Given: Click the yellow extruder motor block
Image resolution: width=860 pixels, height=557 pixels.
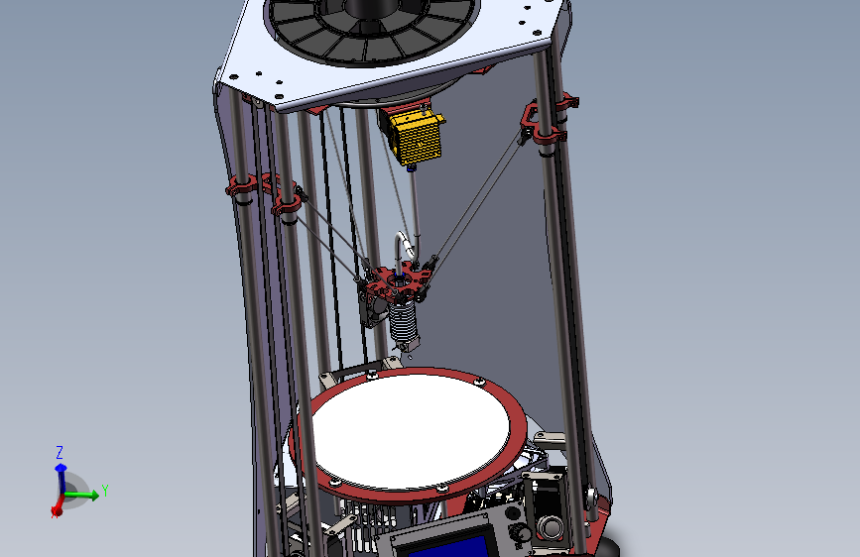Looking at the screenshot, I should click(415, 137).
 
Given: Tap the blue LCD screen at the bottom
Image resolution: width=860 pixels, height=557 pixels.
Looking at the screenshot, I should click(442, 546).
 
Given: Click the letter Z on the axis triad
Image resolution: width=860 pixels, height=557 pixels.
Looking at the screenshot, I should click(60, 452).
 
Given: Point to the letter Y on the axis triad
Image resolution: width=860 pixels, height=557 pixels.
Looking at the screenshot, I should click(105, 491).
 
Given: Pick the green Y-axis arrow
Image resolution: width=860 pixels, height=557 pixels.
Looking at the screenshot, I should click(84, 495).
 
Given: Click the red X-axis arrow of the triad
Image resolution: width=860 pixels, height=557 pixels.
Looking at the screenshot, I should click(57, 507).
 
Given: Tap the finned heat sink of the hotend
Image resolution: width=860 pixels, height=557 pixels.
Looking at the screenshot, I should click(405, 318).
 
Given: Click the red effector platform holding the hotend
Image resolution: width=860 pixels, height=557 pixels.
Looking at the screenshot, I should click(398, 284).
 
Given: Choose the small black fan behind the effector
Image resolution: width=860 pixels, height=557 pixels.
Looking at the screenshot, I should click(374, 311).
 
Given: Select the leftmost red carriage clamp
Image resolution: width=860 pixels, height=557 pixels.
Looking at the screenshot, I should click(241, 185).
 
